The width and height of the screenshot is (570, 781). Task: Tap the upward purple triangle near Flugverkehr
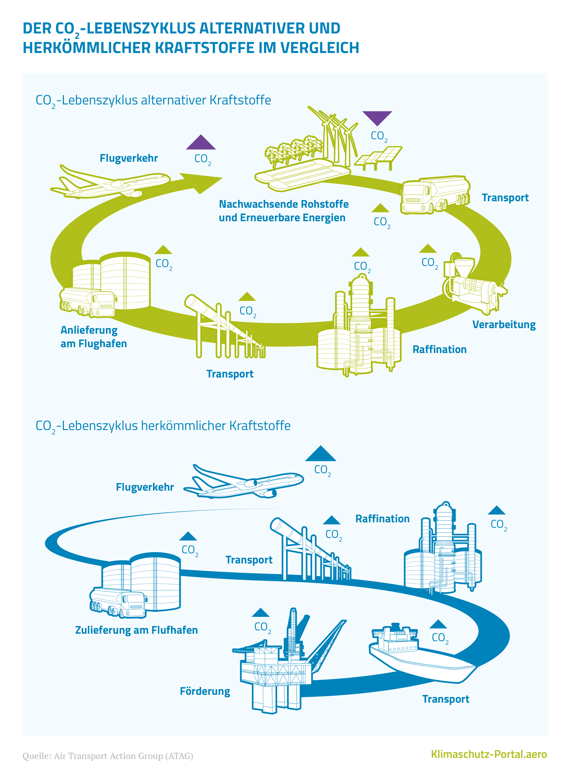pos(201,143)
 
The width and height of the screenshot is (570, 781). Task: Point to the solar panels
pos(379,157)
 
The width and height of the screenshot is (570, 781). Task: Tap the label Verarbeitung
pos(504,324)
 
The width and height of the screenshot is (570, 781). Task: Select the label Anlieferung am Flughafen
pos(94,337)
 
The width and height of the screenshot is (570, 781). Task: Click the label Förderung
pos(205,691)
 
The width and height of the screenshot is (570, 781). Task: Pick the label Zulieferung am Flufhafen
pos(136,630)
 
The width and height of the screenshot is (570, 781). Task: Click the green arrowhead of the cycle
pos(204,182)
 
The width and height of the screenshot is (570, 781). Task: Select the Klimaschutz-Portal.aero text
pos(489,755)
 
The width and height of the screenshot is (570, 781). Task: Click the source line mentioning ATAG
pos(108,756)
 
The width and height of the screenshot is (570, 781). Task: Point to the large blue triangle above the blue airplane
pos(320,454)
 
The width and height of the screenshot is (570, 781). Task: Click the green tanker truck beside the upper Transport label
pos(435,195)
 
